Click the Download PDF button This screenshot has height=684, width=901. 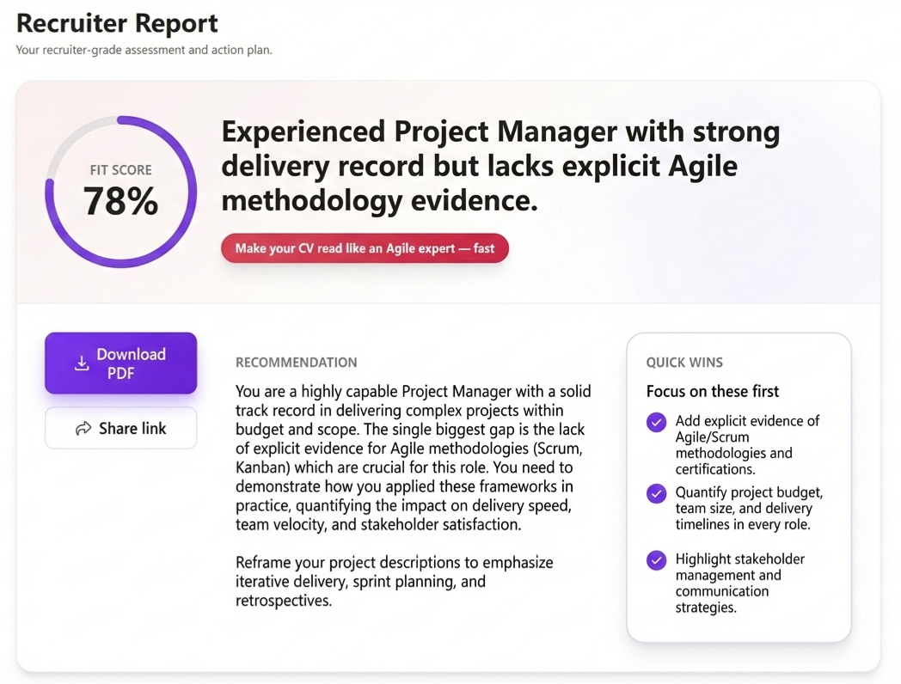pos(120,363)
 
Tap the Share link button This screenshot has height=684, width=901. pos(120,428)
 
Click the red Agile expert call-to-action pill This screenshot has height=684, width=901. pos(365,248)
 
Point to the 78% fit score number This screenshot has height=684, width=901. pos(120,201)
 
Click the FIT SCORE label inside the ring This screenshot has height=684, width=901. pos(120,170)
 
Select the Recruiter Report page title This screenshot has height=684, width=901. pos(117,23)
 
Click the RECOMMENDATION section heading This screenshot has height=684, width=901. pos(296,363)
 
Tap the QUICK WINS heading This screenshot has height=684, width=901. pos(684,363)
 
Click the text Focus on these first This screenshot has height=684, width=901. pos(712,391)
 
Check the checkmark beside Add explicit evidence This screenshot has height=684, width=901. pos(656,422)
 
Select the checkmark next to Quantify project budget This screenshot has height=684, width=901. pos(656,494)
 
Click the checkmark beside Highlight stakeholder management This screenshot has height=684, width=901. pos(656,560)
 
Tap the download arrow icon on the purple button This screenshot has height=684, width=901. pos(82,363)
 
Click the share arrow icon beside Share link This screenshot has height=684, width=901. pos(83,428)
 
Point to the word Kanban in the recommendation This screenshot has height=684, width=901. pos(261,468)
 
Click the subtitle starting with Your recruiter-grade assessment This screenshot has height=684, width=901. pos(144,50)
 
